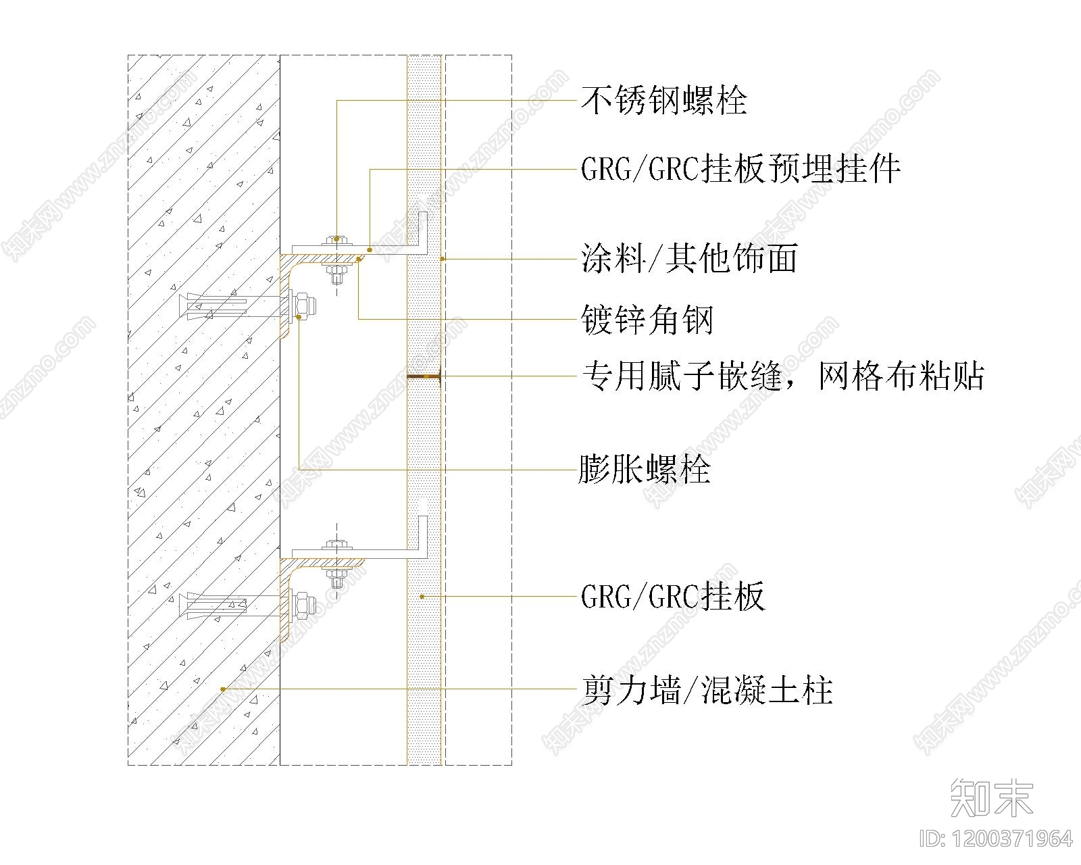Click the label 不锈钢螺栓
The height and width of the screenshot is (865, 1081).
pos(664,101)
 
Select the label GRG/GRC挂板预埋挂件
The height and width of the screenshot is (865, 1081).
pos(740,170)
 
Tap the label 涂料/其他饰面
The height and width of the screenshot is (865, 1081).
pos(689,258)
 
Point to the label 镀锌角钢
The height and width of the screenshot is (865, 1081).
pos(647,320)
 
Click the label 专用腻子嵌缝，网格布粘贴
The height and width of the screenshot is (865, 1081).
pos(782,376)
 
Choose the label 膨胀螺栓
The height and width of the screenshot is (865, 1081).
pos(645,469)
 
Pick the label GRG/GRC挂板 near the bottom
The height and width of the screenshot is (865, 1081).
pos(673,596)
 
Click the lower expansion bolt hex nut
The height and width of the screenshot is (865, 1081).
pos(305,606)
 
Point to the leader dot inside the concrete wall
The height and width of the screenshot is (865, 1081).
pos(223,689)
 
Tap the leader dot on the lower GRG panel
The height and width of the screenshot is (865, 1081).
pos(422,597)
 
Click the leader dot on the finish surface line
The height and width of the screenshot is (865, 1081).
pos(443,259)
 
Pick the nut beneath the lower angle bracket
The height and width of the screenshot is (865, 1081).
pos(336,576)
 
